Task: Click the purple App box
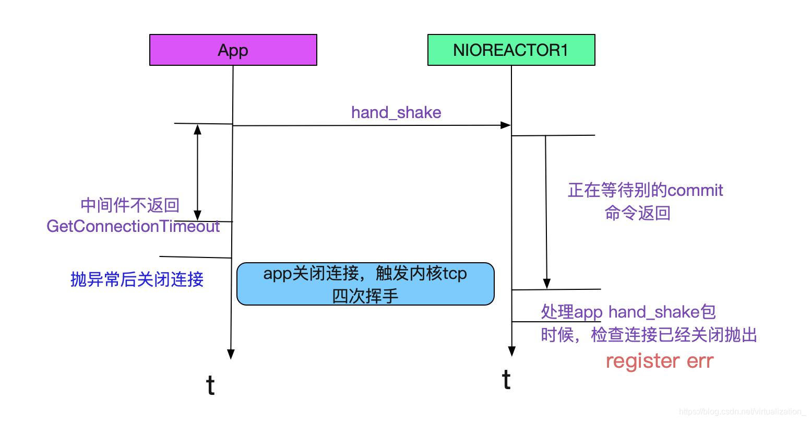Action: click(x=233, y=50)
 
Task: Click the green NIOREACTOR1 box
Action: click(x=511, y=50)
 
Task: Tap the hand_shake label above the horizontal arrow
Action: click(x=396, y=112)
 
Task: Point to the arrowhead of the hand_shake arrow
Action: click(x=505, y=125)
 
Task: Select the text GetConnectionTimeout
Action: click(x=133, y=226)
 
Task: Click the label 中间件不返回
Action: click(x=130, y=205)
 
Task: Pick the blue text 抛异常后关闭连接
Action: click(x=137, y=279)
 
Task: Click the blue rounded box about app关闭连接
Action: click(x=365, y=284)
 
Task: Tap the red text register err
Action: click(x=659, y=361)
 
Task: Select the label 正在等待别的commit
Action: click(x=646, y=190)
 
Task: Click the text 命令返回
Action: click(x=637, y=213)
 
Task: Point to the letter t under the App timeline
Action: click(x=210, y=386)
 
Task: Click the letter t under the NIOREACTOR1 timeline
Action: click(x=506, y=380)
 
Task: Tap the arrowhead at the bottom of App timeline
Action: click(x=231, y=354)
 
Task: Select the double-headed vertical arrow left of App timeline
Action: click(x=197, y=172)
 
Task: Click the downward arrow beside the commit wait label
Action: click(x=546, y=209)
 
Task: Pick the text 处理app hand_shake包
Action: click(x=628, y=312)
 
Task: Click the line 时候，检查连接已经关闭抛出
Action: click(x=649, y=334)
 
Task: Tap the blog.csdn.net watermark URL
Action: click(x=743, y=412)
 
